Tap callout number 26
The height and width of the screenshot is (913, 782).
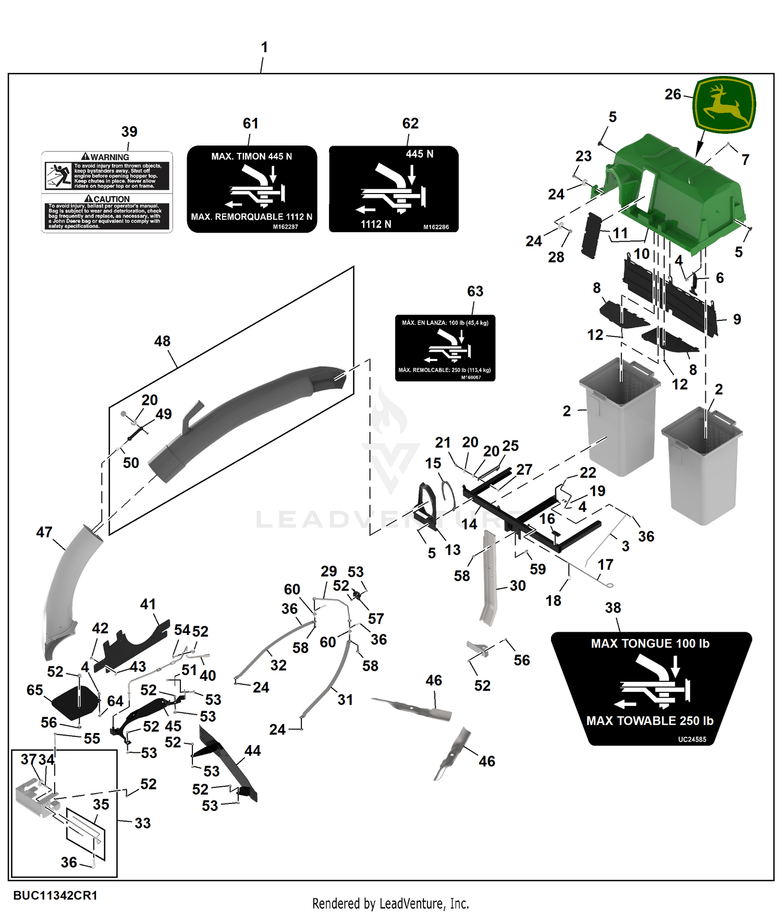pos(673,94)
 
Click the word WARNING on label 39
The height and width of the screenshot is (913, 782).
pos(109,157)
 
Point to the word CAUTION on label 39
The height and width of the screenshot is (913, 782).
pos(112,199)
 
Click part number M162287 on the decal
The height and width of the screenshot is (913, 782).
pos(285,227)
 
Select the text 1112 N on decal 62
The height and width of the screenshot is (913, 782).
pos(376,224)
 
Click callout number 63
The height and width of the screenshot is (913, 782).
pos(475,291)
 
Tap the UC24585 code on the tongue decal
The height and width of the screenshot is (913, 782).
pos(692,739)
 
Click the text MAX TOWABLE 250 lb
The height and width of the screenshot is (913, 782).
pos(650,721)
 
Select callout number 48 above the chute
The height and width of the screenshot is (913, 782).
pos(162,341)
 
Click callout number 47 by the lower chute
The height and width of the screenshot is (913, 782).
pos(44,532)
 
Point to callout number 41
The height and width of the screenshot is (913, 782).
pos(148,604)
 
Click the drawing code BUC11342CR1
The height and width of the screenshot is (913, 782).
pos(55,895)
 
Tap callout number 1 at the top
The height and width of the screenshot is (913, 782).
pos(264,47)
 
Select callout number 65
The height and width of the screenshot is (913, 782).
pos(35,690)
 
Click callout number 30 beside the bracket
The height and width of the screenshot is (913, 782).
pos(518,586)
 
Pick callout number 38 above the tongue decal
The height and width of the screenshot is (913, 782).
pos(613,608)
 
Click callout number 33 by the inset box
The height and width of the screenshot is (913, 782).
pos(142,823)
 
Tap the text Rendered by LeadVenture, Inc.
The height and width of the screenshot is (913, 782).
pos(390,904)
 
